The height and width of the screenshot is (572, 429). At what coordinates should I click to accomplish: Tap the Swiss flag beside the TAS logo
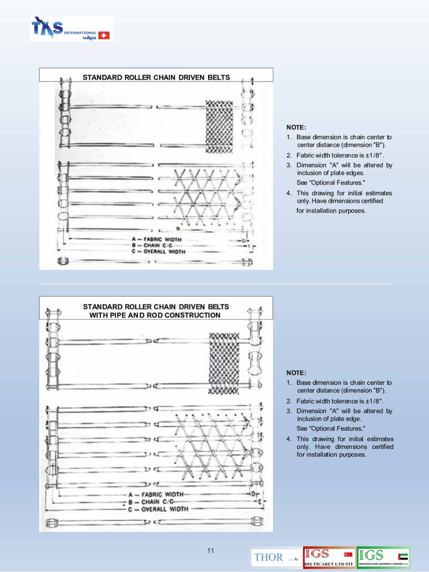pyautogui.click(x=104, y=35)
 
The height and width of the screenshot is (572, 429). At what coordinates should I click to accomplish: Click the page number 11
pyautogui.click(x=210, y=551)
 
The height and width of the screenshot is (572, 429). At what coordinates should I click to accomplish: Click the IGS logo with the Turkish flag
pyautogui.click(x=329, y=558)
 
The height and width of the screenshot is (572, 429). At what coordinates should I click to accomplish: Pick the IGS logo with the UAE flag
pyautogui.click(x=383, y=558)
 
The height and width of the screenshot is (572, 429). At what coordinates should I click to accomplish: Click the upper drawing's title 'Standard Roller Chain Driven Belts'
pyautogui.click(x=156, y=77)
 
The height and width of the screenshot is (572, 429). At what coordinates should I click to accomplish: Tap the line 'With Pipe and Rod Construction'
pyautogui.click(x=155, y=315)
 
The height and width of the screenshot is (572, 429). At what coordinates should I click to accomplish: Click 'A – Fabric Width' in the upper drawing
pyautogui.click(x=157, y=239)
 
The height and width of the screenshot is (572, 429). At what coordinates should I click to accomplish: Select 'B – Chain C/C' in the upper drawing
pyautogui.click(x=152, y=245)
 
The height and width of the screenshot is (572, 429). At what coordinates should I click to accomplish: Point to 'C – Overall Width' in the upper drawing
pyautogui.click(x=158, y=251)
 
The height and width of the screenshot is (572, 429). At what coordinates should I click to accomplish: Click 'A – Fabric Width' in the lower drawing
pyautogui.click(x=156, y=494)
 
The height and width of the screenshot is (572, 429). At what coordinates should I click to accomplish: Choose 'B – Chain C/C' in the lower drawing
pyautogui.click(x=151, y=502)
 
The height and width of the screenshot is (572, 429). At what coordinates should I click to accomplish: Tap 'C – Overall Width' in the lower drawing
pyautogui.click(x=158, y=509)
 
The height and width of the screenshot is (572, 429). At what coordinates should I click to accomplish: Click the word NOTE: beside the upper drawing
pyautogui.click(x=296, y=127)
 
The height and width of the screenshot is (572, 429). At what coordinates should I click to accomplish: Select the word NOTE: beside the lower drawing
pyautogui.click(x=296, y=373)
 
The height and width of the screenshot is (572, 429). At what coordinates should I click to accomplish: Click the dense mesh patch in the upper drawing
pyautogui.click(x=219, y=126)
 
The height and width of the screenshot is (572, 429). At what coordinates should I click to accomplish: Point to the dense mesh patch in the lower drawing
pyautogui.click(x=224, y=363)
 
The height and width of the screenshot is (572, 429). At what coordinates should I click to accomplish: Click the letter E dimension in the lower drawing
pyautogui.click(x=260, y=502)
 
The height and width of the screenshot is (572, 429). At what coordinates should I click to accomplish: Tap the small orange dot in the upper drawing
pyautogui.click(x=178, y=229)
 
